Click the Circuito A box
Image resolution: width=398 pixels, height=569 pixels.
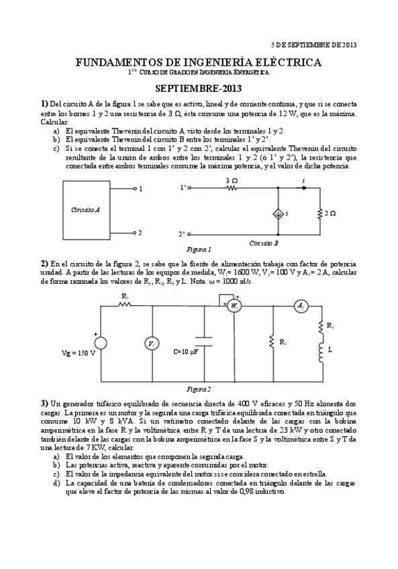pos(86,210)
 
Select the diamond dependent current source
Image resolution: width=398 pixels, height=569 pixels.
pos(277,213)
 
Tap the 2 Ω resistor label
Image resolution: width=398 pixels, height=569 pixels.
pos(330,213)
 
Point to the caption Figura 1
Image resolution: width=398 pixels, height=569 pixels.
pos(199,249)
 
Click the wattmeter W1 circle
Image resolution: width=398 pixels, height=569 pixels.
pos(234,306)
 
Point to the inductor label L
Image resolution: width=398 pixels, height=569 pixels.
pos(331,350)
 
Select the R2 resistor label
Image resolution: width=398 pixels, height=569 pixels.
pos(283,342)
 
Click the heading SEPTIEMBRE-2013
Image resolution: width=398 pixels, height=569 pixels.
pos(199,88)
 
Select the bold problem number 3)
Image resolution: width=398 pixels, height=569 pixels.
pos(44,403)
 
